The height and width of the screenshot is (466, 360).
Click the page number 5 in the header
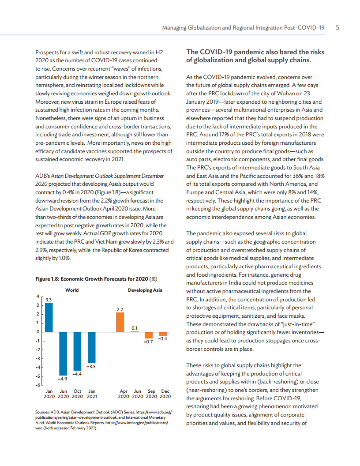pyautogui.click(x=337, y=27)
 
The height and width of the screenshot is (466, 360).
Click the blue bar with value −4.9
pyautogui.click(x=63, y=353)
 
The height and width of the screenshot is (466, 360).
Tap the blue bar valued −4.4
pyautogui.click(x=77, y=351)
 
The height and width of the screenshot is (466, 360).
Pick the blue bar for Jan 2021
pyautogui.click(x=91, y=347)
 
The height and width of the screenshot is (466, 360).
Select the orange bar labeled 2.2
pyautogui.click(x=120, y=322)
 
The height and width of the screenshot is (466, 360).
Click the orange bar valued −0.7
pyautogui.click(x=149, y=335)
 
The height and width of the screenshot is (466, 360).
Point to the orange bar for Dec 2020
pyautogui.click(x=163, y=334)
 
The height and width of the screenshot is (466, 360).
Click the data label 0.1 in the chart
pyautogui.click(x=135, y=327)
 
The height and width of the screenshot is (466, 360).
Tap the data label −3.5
pyautogui.click(x=91, y=367)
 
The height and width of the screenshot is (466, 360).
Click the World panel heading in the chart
pyautogui.click(x=72, y=290)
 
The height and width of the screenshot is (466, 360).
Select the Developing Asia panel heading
pyautogui.click(x=145, y=290)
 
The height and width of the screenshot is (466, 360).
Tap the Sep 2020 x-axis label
pyautogui.click(x=151, y=394)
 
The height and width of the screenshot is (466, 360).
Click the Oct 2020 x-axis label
pyautogui.click(x=77, y=394)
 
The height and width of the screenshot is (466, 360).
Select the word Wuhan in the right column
pyautogui.click(x=289, y=94)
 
